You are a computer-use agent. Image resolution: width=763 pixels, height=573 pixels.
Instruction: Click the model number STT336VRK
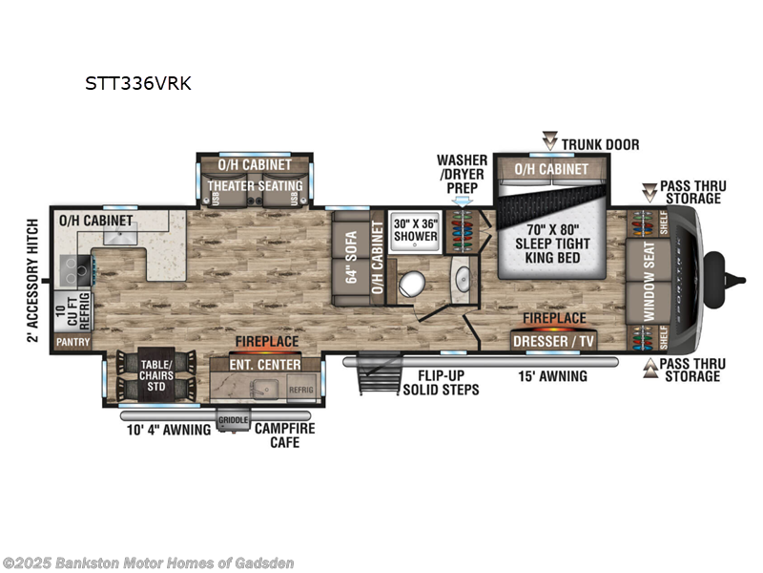click(138, 83)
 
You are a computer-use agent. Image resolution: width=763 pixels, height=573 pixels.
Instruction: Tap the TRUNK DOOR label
click(599, 144)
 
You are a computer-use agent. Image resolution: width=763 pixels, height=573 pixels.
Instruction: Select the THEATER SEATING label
click(255, 185)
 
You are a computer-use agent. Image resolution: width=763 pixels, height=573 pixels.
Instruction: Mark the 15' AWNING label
click(553, 376)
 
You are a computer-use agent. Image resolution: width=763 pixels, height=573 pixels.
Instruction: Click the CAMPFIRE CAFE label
click(284, 435)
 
